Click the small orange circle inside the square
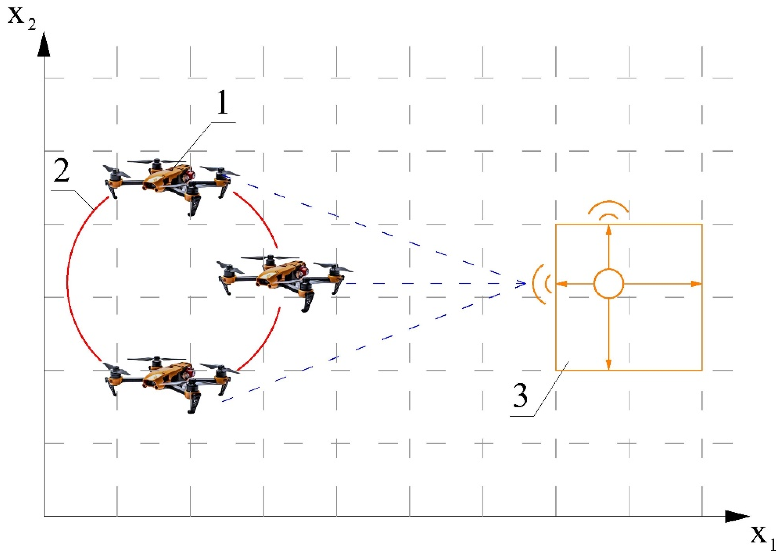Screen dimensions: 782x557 click(x=608, y=284)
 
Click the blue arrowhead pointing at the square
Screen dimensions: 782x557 click(x=522, y=284)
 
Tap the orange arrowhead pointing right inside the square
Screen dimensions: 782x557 click(x=696, y=284)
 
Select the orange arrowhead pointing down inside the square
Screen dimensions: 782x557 click(x=609, y=364)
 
